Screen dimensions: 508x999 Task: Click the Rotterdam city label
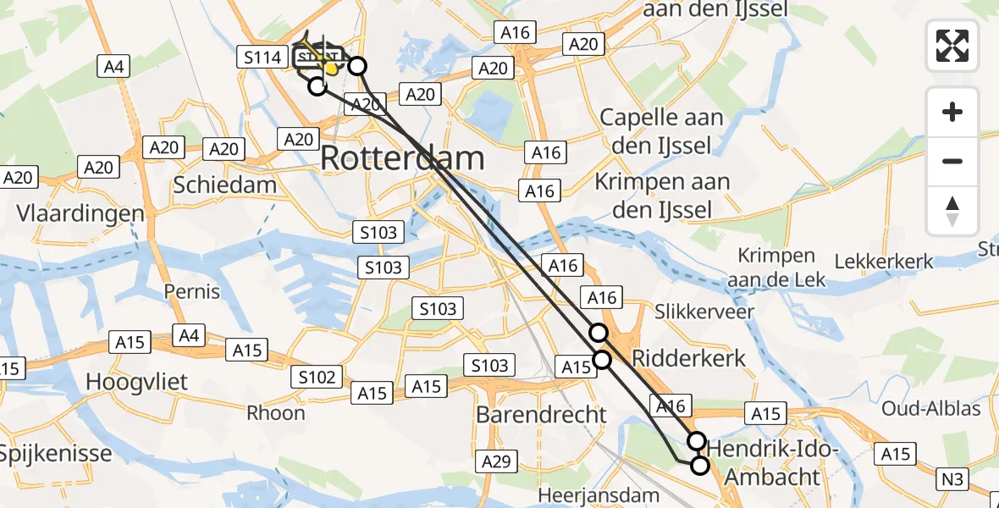tap(402, 158)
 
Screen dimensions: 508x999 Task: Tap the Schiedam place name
tap(224, 185)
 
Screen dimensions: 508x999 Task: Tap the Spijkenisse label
tap(55, 453)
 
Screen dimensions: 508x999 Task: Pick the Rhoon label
tap(276, 412)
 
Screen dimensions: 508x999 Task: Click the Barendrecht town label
tap(541, 415)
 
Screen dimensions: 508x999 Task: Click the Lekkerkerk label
tap(885, 262)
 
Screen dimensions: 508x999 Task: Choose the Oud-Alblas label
tap(930, 409)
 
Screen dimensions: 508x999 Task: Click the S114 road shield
tap(261, 58)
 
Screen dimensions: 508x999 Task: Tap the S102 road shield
tap(317, 378)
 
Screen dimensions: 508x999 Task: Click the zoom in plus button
tap(952, 112)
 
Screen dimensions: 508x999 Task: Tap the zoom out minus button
tap(952, 161)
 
